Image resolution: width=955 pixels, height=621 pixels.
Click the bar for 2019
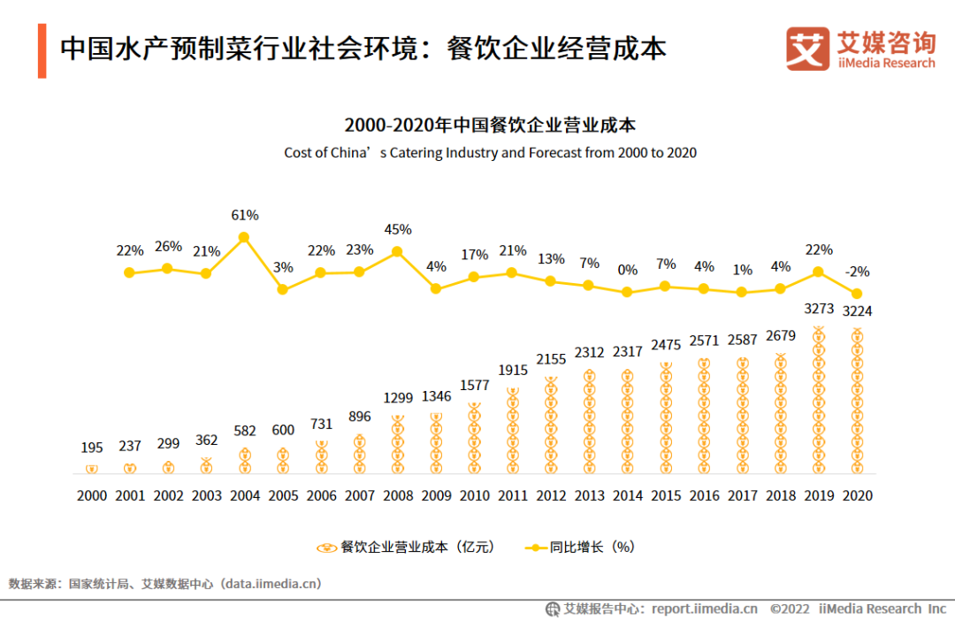click(x=818, y=401)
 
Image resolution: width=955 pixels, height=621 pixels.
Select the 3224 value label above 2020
click(x=856, y=311)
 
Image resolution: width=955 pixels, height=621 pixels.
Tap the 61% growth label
click(x=245, y=215)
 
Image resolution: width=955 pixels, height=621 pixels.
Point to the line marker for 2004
click(x=244, y=237)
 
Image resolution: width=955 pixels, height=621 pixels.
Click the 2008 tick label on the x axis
click(x=399, y=496)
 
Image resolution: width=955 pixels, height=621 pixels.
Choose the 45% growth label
click(x=398, y=229)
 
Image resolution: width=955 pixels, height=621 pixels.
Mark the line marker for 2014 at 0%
click(x=628, y=292)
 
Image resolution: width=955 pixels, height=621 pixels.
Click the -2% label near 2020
click(x=857, y=272)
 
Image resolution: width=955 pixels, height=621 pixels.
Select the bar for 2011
click(x=513, y=430)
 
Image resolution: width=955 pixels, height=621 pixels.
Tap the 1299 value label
click(x=398, y=397)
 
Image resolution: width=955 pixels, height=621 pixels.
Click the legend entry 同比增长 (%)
click(x=579, y=548)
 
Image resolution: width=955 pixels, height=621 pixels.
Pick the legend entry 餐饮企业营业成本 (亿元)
click(x=407, y=548)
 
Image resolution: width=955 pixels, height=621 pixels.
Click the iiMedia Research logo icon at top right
click(x=807, y=49)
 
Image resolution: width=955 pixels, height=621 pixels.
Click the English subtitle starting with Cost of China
click(x=490, y=152)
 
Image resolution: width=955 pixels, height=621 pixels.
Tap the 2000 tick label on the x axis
click(x=92, y=496)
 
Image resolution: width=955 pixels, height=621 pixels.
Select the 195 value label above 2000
click(x=92, y=447)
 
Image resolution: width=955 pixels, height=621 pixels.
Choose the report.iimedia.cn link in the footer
click(x=704, y=609)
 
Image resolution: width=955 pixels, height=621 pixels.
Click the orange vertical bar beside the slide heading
click(x=42, y=51)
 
